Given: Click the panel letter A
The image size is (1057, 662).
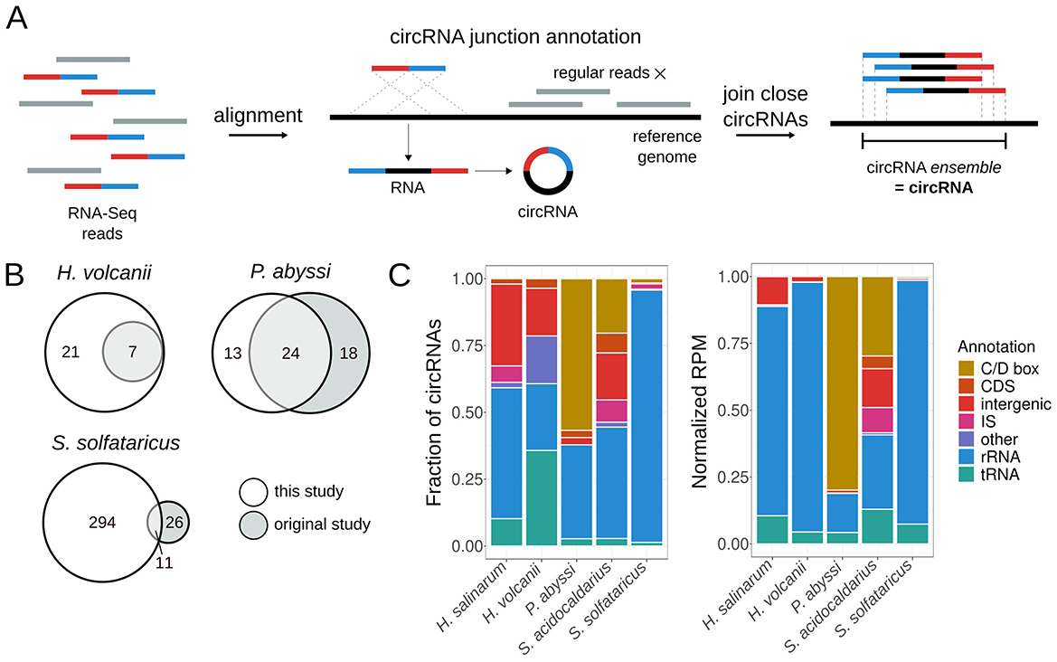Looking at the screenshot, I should coord(17,18).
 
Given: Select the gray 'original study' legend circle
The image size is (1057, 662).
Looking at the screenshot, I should coord(253,524).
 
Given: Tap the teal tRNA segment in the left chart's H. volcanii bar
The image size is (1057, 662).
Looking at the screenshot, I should coord(541,497).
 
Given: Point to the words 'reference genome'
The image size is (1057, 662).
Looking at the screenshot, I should coord(666,147).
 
